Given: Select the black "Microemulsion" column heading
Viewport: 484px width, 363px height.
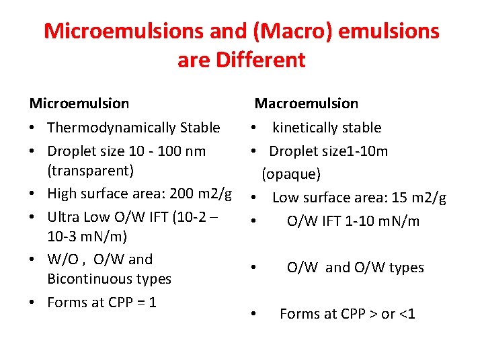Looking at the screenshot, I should click(x=79, y=104).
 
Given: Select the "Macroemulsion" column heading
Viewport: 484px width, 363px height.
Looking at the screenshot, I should click(x=306, y=104).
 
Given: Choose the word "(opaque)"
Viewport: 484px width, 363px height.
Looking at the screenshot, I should click(x=291, y=174).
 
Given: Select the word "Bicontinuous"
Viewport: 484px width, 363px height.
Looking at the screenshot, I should click(x=86, y=279).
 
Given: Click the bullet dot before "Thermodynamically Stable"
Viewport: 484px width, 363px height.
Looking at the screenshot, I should click(x=34, y=128).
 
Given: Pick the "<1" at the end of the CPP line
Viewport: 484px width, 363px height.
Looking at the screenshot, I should click(x=407, y=314).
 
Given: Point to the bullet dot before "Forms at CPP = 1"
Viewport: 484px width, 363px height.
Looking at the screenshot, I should click(x=34, y=303).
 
